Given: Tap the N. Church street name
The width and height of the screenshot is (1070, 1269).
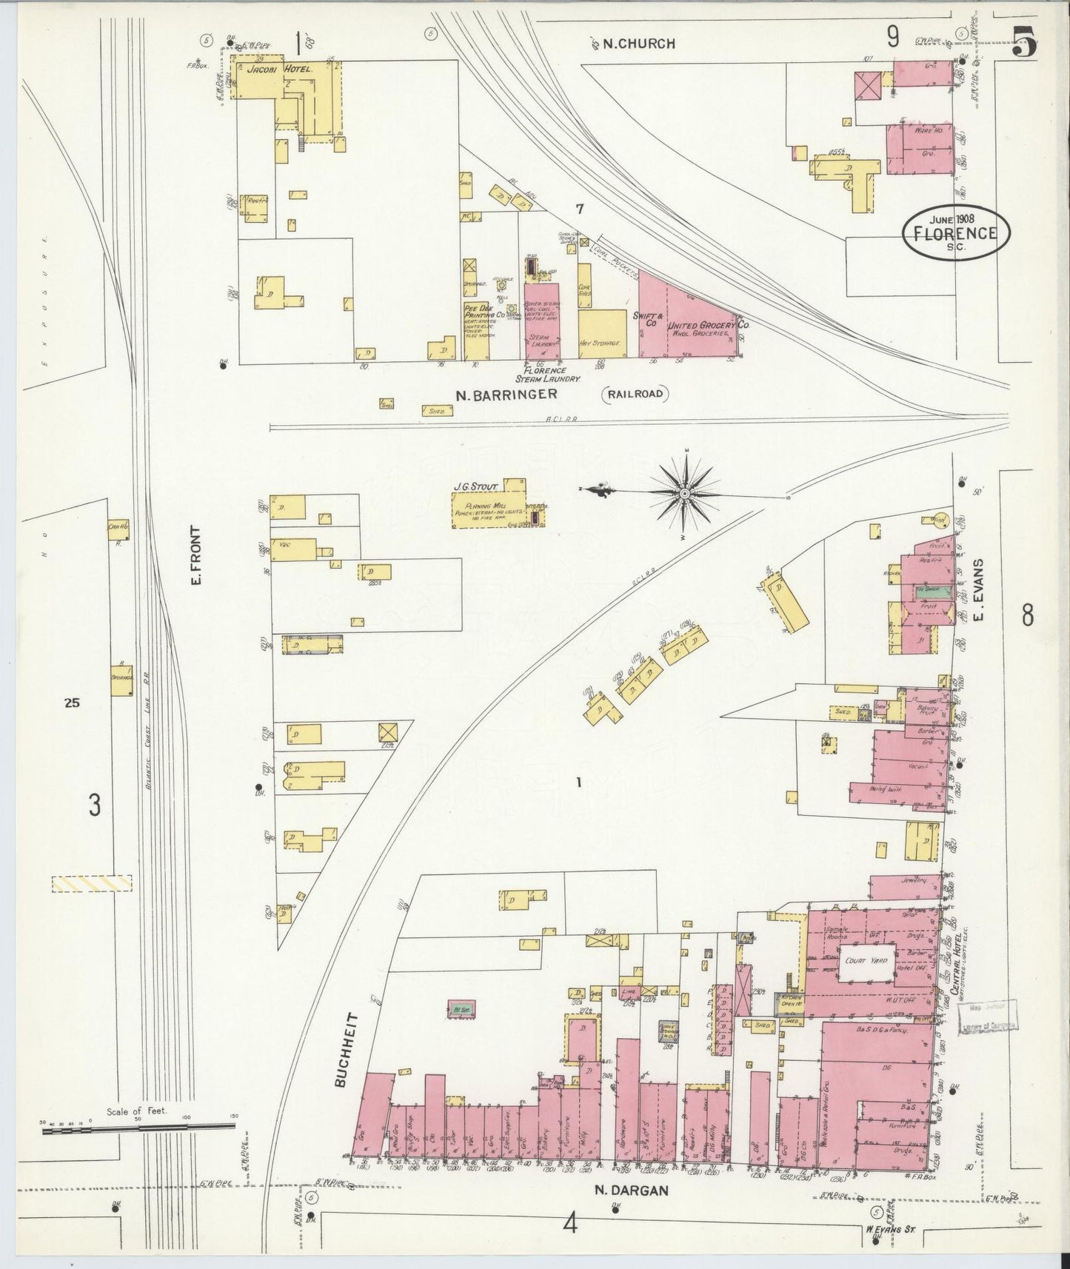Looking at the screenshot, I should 638,44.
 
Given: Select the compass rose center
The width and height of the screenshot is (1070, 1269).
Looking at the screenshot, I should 685,492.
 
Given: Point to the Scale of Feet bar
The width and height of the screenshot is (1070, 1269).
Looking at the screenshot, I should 138,1127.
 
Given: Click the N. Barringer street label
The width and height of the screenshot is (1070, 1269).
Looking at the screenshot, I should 506,395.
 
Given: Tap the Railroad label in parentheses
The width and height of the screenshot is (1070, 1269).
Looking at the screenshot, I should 635,395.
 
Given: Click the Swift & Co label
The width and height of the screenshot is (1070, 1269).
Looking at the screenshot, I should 646,319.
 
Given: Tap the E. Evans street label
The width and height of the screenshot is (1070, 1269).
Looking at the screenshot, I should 977,592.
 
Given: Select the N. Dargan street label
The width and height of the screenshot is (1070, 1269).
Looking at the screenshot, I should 632,1191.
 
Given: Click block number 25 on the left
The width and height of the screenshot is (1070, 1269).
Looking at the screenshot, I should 71,703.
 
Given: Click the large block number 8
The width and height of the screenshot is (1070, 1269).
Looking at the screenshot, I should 1028,616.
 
